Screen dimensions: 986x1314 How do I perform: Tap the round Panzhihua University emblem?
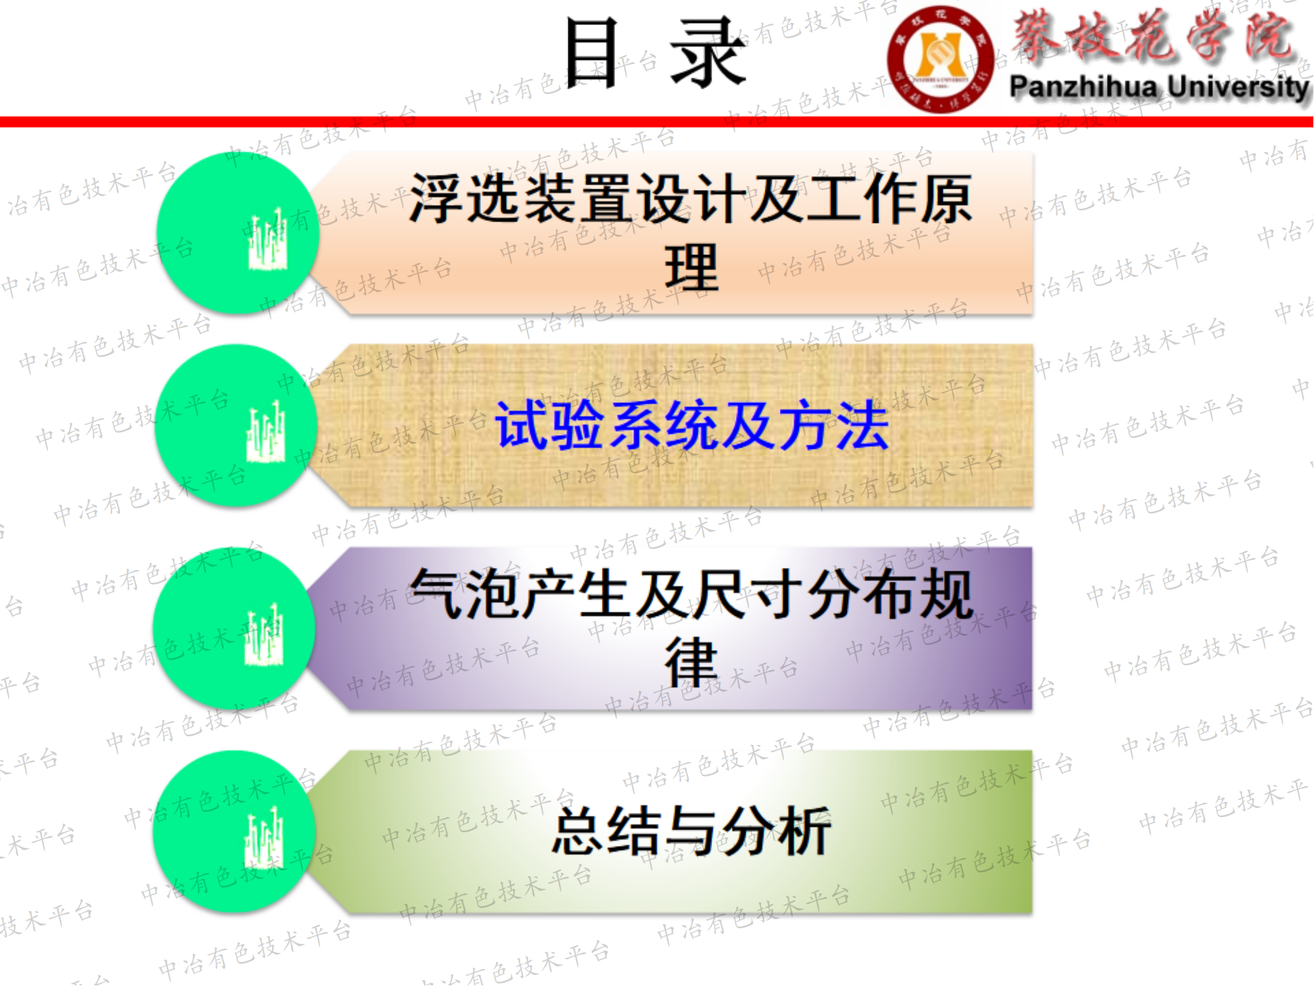[940, 59]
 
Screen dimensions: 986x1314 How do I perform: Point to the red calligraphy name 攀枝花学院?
[1152, 36]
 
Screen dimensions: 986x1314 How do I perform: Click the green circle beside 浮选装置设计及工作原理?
[238, 233]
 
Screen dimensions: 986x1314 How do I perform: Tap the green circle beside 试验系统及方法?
[237, 425]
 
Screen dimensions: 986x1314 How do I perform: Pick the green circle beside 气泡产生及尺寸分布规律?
[235, 628]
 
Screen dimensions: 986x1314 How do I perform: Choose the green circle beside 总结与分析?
[235, 832]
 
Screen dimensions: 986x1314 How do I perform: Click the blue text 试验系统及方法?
[692, 426]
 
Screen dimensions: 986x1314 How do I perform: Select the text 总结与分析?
[692, 832]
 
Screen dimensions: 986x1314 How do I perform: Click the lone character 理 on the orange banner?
[692, 268]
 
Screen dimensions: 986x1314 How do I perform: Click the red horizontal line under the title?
[657, 122]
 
